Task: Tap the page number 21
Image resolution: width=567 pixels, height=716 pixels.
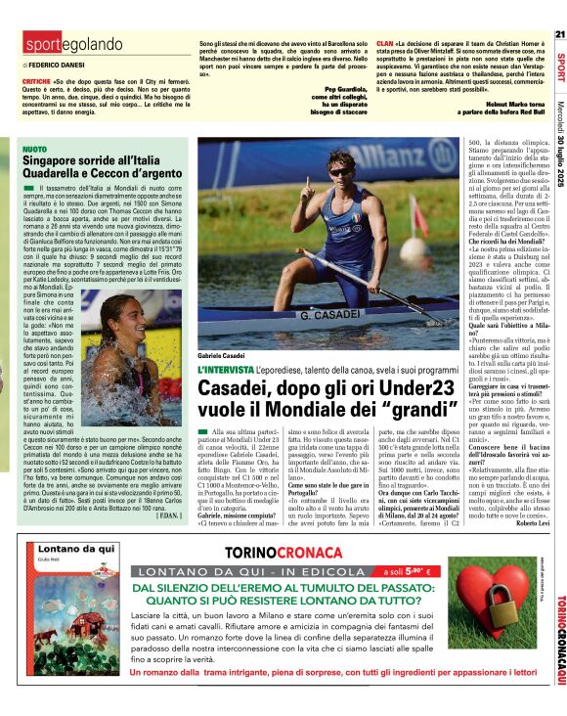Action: [559, 34]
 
